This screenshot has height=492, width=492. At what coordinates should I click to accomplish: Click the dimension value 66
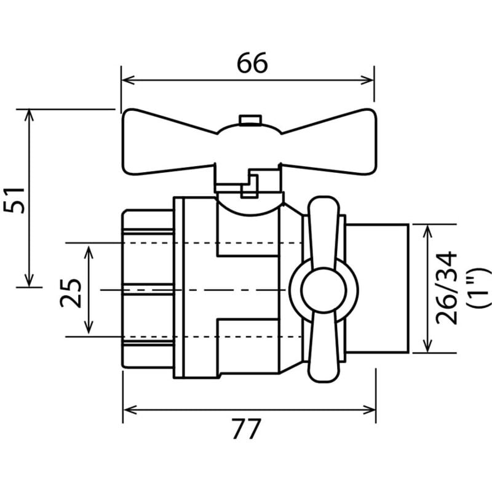pos(252,63)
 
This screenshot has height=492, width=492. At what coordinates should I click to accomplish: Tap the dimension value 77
pos(247,429)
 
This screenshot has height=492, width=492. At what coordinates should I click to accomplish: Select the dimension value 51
pos(14,200)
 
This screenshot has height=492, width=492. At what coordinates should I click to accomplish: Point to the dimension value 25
pos(70,293)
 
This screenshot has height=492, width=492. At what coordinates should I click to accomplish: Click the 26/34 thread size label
pos(446,288)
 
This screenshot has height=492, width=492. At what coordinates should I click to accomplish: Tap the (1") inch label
pos(478,288)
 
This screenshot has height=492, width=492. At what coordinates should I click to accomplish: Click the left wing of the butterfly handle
pos(169,142)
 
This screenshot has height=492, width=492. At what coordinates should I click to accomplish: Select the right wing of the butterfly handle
pos(329,142)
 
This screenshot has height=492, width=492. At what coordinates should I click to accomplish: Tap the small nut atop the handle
pos(250,120)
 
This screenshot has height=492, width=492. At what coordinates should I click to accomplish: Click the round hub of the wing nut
pos(323,290)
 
